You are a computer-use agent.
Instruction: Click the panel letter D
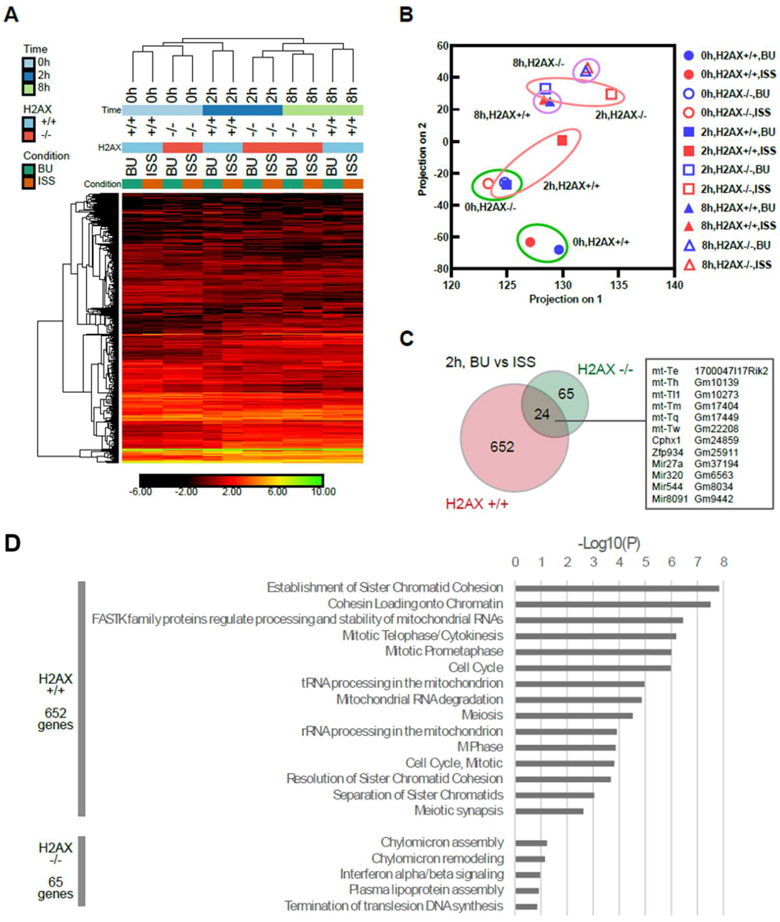[12, 543]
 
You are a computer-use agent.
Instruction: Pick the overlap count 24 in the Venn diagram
[542, 414]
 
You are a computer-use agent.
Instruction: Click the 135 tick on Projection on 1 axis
[619, 285]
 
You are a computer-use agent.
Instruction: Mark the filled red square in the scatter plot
[562, 141]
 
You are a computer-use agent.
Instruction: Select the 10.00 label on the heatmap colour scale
[323, 492]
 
